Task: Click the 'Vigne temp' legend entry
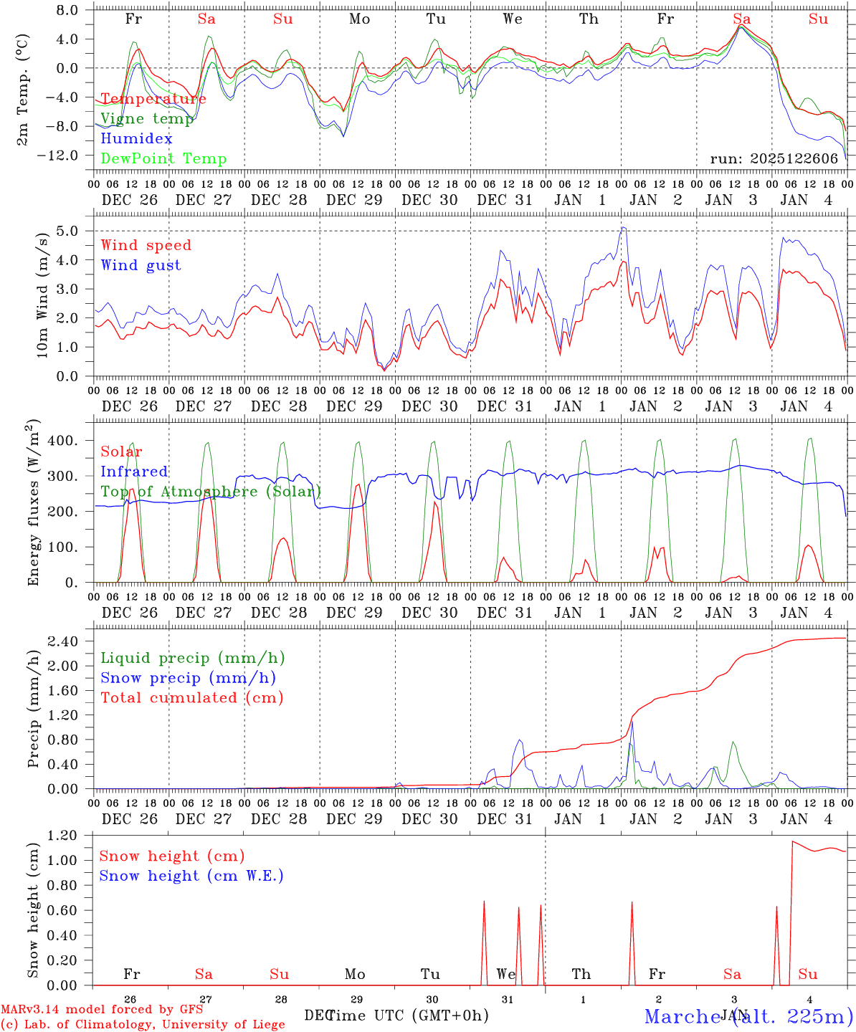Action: [x=147, y=119]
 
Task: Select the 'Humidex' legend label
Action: [x=136, y=139]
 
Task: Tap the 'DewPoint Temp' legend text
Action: [x=163, y=159]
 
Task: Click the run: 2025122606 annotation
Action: [x=774, y=159]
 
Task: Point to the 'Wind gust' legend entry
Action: [x=141, y=265]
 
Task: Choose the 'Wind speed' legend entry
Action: [x=146, y=245]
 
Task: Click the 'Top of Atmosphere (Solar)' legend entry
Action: [x=211, y=492]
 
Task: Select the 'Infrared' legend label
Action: [x=134, y=472]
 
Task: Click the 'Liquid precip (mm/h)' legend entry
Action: [x=193, y=658]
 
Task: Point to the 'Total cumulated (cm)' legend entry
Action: [x=192, y=698]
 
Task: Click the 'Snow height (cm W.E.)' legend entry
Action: [x=191, y=876]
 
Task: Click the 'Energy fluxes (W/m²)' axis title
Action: [x=33, y=504]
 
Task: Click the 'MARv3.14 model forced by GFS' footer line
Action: [x=102, y=1010]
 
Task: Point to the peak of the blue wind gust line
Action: [x=623, y=227]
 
